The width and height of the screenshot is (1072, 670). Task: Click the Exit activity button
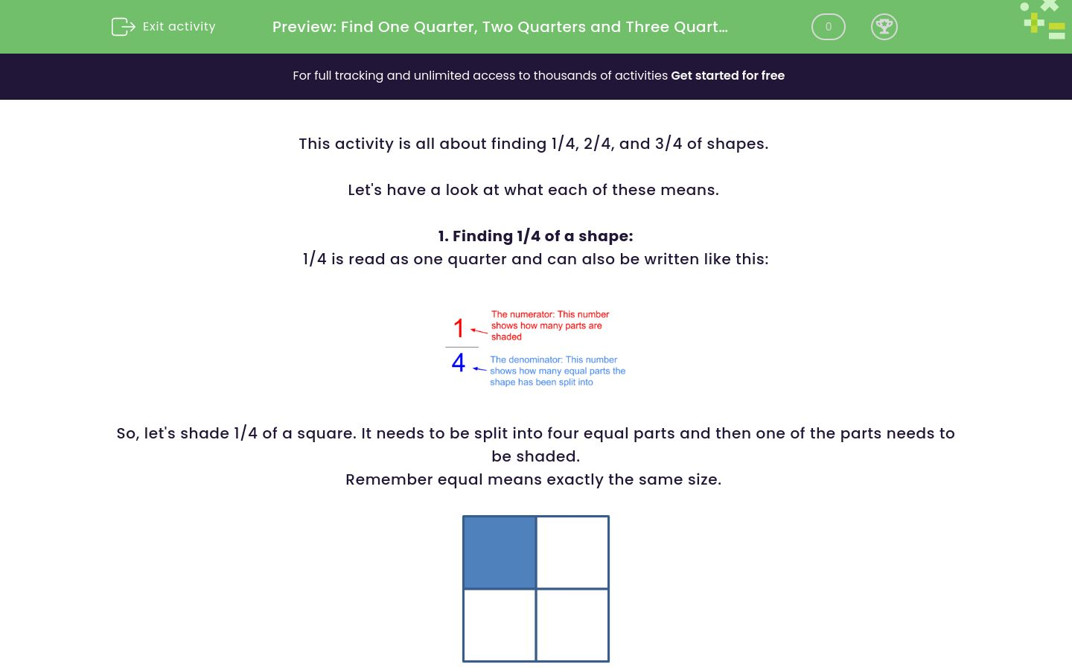(x=164, y=27)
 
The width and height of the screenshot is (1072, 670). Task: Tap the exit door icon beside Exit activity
(x=123, y=27)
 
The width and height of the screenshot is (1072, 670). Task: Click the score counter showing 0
(x=828, y=27)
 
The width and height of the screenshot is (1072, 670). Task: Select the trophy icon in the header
(x=884, y=27)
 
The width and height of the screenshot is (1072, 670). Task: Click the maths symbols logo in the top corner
(x=1044, y=20)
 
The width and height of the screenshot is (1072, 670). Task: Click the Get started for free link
(x=727, y=75)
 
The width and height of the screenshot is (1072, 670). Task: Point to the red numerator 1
(x=459, y=328)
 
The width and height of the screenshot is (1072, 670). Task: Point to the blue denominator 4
(x=459, y=363)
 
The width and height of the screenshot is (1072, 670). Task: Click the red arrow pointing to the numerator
(x=479, y=331)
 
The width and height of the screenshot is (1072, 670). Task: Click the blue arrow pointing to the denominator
(x=479, y=368)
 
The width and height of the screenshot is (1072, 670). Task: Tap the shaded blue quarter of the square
(x=500, y=552)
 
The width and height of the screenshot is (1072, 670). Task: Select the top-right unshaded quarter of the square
(x=572, y=552)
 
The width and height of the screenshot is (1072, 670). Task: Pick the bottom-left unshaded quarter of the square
(x=500, y=625)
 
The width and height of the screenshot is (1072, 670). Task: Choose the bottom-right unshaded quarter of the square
(x=572, y=625)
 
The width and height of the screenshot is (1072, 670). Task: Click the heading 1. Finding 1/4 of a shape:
(x=535, y=236)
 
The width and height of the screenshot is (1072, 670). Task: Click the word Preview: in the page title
(x=304, y=27)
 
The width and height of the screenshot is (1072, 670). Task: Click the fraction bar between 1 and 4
(x=462, y=347)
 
